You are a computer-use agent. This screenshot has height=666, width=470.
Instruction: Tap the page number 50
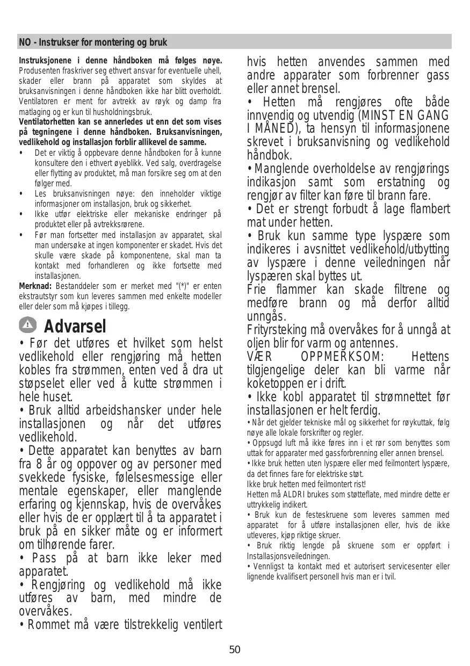pyautogui.click(x=235, y=650)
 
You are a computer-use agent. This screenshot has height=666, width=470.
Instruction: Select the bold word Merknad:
pyautogui.click(x=35, y=286)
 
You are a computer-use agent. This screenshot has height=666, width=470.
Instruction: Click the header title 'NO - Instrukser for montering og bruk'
pyautogui.click(x=93, y=42)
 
